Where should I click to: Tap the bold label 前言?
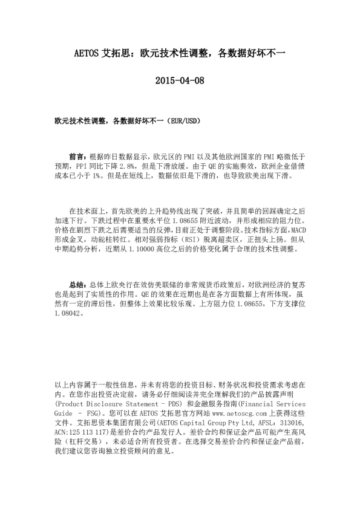(x=77, y=155)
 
